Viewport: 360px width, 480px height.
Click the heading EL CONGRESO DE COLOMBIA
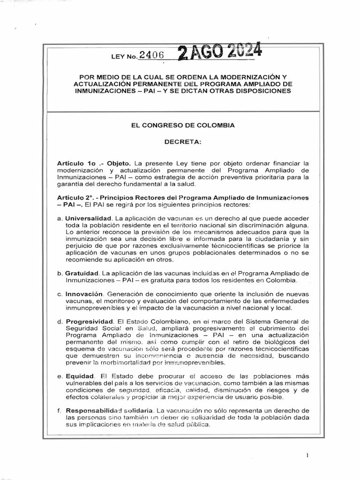tap(180, 126)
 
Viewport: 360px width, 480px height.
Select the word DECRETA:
tap(180, 141)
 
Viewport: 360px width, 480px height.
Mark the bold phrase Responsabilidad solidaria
tap(109, 411)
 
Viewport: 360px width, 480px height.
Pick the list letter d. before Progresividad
tap(60, 322)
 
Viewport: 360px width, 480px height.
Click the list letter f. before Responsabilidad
tap(60, 411)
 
